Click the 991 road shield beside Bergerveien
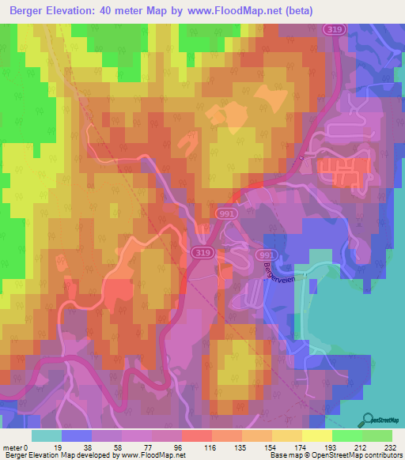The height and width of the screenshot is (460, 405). pyautogui.click(x=267, y=255)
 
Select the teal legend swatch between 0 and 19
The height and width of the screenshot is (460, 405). pyautogui.click(x=47, y=435)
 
